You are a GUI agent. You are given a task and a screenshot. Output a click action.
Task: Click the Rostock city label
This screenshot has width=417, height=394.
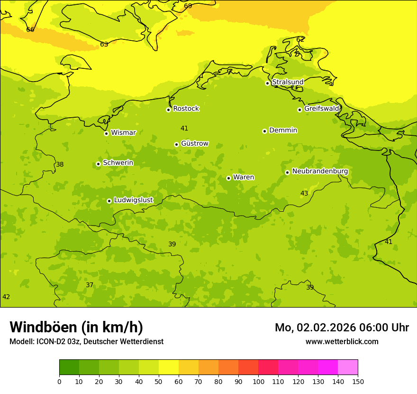click(x=186, y=109)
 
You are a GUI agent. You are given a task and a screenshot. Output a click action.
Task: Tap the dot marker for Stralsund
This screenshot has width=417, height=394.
click(x=267, y=83)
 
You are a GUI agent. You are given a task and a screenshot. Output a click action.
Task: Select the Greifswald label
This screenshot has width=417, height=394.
click(x=321, y=109)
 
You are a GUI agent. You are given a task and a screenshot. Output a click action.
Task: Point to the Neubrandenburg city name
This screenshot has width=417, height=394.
click(x=320, y=171)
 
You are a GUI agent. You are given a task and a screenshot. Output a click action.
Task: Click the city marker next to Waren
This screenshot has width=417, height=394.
click(x=228, y=178)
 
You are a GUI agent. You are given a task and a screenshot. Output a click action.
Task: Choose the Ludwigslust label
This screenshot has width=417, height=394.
click(x=133, y=200)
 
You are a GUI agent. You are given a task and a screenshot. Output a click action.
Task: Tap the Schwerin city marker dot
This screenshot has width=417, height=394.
click(x=98, y=164)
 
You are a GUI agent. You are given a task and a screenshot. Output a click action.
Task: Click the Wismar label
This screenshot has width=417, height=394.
click(x=123, y=133)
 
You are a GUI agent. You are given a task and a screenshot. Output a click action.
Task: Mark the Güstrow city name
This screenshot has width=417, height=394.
click(x=194, y=144)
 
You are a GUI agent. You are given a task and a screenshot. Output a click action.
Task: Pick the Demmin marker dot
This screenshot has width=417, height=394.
click(x=264, y=131)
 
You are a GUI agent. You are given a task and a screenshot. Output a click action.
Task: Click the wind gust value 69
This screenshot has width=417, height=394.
click(x=188, y=6)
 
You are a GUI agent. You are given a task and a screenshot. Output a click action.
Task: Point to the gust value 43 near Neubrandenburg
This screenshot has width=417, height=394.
click(x=304, y=194)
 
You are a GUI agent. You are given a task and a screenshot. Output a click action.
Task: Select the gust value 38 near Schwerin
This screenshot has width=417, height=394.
click(x=60, y=165)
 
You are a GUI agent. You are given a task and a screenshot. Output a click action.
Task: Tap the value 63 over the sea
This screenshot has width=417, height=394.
click(x=104, y=45)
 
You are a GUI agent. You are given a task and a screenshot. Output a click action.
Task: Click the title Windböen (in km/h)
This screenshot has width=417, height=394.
click(x=76, y=327)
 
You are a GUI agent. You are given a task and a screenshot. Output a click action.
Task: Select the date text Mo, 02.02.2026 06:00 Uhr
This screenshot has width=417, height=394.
click(x=342, y=328)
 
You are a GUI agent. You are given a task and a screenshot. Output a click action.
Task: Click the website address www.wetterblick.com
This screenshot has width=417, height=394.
click(x=342, y=342)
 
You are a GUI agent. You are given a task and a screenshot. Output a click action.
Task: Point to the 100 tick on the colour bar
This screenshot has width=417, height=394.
click(x=258, y=381)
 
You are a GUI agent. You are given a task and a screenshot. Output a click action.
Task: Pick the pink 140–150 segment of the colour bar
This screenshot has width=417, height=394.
click(x=348, y=367)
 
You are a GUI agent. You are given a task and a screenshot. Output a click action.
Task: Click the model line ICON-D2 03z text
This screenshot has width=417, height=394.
click(x=86, y=342)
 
